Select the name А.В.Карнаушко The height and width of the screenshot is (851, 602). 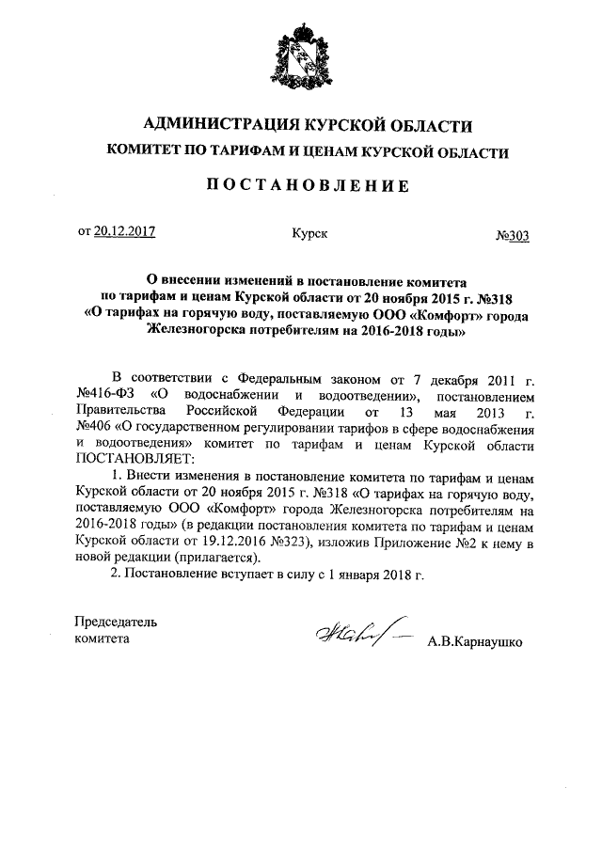[x=475, y=643]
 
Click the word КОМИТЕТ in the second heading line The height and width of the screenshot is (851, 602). [x=152, y=152]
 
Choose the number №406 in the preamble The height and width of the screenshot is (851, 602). [x=91, y=428]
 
